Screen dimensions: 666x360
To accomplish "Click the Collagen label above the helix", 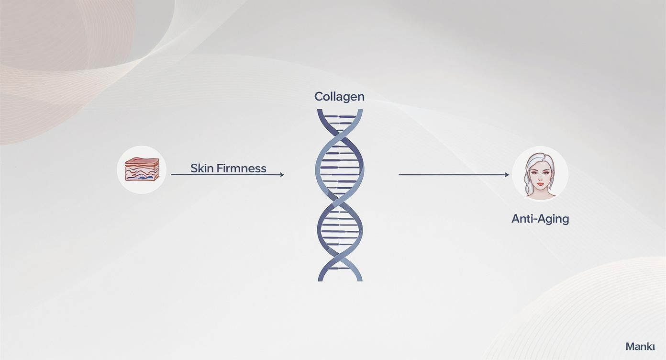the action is [x=339, y=97].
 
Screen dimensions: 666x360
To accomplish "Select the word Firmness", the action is [x=241, y=169].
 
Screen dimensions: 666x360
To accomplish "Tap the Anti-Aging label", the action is [x=540, y=219].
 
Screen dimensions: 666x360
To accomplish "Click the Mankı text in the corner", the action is [x=640, y=347].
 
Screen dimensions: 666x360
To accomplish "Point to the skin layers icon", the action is [x=142, y=169].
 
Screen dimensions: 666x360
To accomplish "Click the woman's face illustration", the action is [x=540, y=174].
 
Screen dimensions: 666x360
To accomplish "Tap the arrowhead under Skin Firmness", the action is [x=282, y=175].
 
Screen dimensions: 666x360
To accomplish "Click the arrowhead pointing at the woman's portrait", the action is [x=507, y=175].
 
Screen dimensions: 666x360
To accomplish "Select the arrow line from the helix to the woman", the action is [x=454, y=175].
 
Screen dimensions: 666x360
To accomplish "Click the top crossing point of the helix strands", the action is [x=340, y=135].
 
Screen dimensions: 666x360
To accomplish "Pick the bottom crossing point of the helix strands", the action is [x=340, y=256].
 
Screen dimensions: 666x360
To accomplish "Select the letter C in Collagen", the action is [x=319, y=97].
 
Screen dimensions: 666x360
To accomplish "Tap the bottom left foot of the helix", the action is [x=321, y=279].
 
